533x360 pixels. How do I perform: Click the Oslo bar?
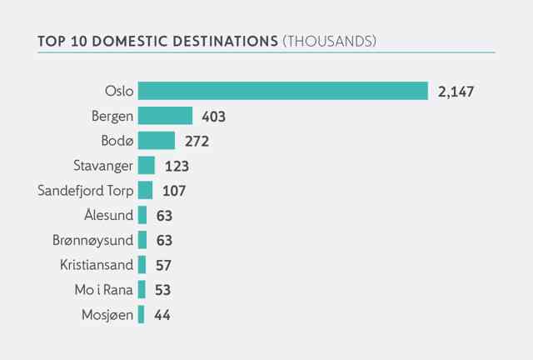[283, 91]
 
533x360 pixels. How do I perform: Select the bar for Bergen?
[165, 116]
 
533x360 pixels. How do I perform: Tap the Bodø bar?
[157, 141]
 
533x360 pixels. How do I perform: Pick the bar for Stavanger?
[147, 165]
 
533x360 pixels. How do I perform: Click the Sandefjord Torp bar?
[146, 190]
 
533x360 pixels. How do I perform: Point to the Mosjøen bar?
[141, 314]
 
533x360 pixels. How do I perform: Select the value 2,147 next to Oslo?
[456, 92]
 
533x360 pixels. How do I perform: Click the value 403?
[213, 117]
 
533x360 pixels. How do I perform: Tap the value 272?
[197, 141]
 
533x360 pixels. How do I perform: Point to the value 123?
[177, 167]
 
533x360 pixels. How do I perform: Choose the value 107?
[174, 191]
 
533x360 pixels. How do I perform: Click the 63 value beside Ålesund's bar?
[164, 216]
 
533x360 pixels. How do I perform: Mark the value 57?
[163, 265]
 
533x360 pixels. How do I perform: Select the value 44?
[162, 315]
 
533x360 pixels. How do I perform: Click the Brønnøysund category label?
[92, 241]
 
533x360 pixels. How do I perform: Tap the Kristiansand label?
[97, 265]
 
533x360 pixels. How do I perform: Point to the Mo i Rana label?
[103, 290]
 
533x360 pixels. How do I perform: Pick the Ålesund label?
[109, 215]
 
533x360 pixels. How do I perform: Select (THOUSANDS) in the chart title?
[330, 41]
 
